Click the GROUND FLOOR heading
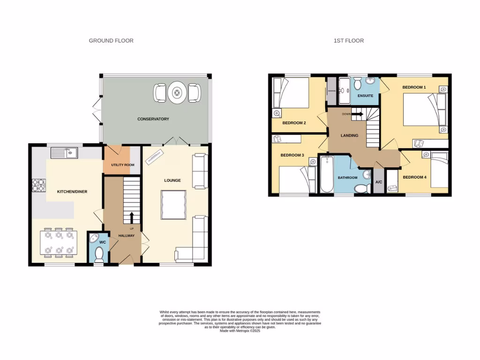coord(111,41)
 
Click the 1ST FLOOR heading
coord(349,41)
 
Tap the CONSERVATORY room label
coord(153,119)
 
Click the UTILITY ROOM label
coord(122,165)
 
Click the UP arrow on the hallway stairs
coord(132,217)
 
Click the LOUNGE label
coord(172,180)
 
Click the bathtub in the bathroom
coord(327,175)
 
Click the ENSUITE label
coord(365,96)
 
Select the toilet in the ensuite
coord(358,84)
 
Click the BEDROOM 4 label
coord(414,177)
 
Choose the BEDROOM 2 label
coord(294,123)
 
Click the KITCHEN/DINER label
coord(72,192)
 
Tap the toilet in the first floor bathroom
coord(361,188)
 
